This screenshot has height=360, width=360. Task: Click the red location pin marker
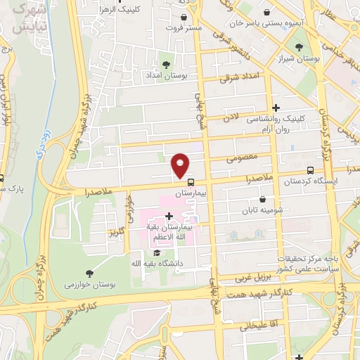coord(181,165)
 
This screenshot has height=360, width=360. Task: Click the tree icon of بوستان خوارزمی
coord(89,274)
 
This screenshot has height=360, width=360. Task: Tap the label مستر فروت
coord(184,28)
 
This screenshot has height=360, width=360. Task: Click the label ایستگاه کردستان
coord(311,181)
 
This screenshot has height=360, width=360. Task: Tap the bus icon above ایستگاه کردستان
coord(311,169)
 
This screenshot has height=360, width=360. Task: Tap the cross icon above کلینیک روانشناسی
coord(277,108)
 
